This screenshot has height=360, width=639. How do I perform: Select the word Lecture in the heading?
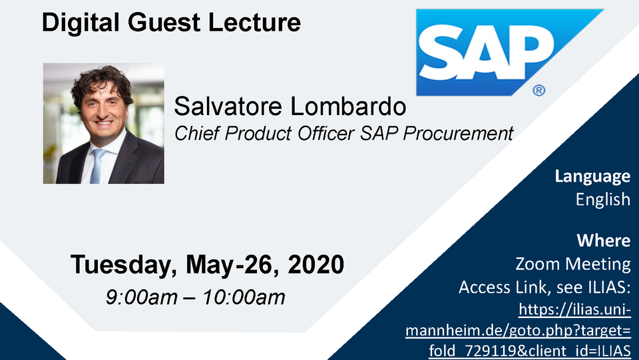(255, 22)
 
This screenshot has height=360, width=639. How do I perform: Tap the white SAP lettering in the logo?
(486, 52)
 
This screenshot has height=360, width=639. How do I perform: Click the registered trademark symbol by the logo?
(538, 90)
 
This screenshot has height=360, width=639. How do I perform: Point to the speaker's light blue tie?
(97, 165)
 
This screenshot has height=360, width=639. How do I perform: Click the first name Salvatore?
(228, 106)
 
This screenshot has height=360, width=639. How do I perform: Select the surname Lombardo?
(348, 106)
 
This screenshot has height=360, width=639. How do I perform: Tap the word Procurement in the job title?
(459, 133)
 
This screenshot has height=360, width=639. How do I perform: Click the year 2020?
(316, 264)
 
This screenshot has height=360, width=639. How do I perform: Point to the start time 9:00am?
(142, 297)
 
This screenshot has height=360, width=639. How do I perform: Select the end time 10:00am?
(244, 297)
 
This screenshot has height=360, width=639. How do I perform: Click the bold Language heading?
(592, 177)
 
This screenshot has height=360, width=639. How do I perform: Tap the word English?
(603, 200)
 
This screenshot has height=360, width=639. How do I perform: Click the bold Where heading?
(604, 240)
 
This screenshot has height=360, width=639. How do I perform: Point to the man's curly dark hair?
(102, 81)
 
